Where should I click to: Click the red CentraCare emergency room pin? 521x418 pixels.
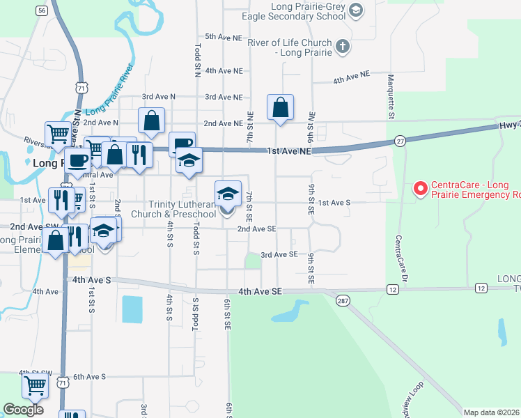420,188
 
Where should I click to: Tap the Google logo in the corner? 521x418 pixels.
23,410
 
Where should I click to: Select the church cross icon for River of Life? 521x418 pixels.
341,47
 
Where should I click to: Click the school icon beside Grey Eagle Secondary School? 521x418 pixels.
356,9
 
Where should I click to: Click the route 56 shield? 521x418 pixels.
42,10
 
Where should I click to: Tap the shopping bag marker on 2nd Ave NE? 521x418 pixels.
280,108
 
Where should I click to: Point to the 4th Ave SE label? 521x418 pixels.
259,291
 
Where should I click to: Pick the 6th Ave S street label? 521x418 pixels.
89,377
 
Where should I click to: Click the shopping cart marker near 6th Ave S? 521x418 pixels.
35,385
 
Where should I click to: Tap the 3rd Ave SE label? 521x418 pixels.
279,255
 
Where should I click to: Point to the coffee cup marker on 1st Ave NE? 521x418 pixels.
182,144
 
